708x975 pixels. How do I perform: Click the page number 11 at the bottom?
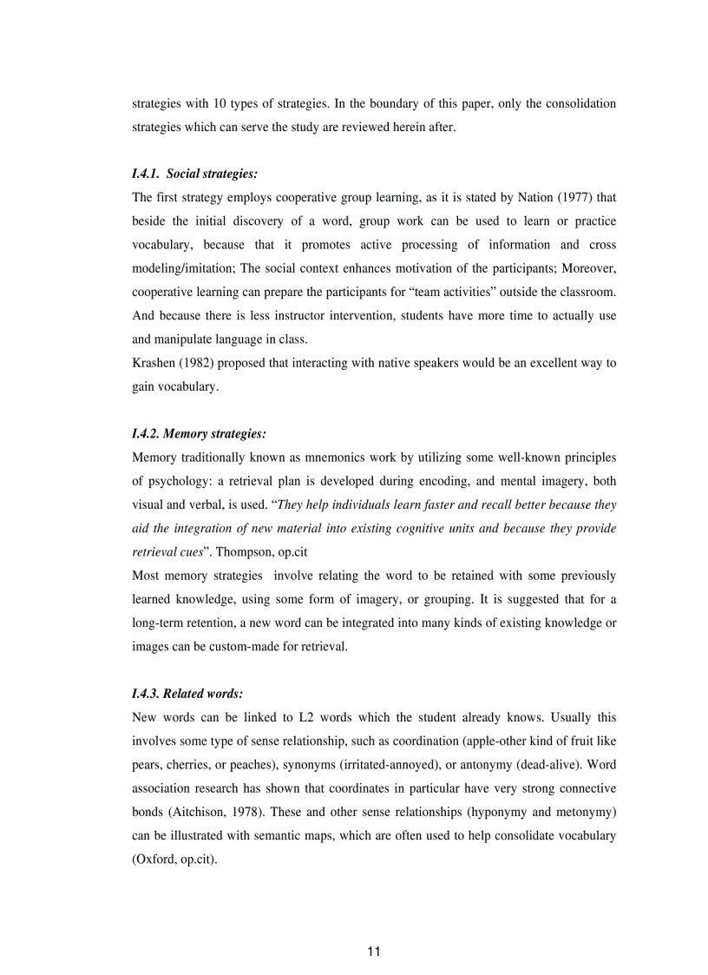[373, 952]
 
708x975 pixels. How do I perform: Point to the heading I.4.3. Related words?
[187, 694]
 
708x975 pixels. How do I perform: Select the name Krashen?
[154, 363]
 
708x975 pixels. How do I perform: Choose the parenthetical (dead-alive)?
[499, 764]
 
